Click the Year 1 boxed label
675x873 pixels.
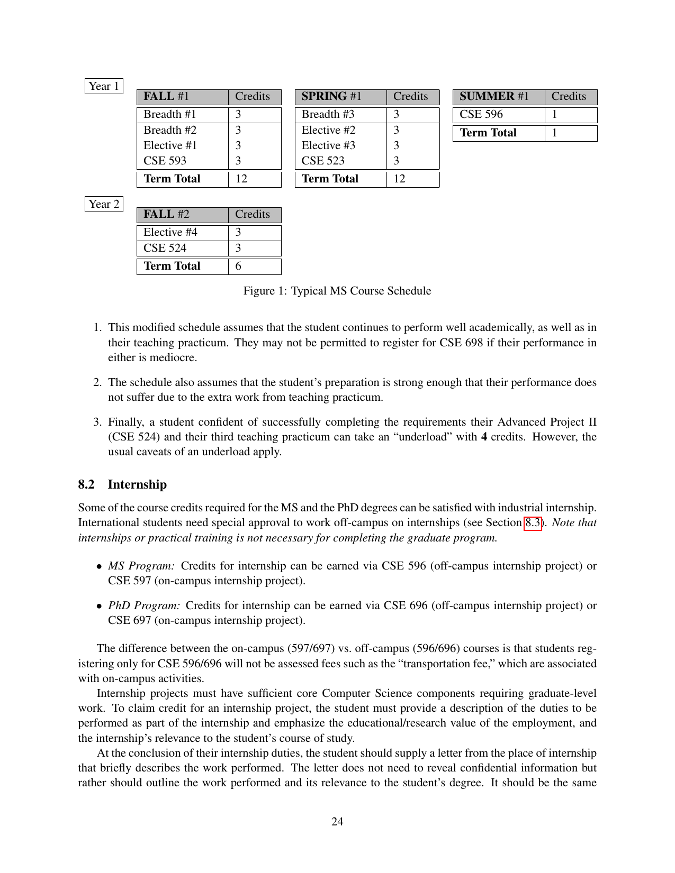click(104, 86)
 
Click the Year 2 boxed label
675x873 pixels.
click(104, 204)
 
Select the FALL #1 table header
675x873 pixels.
click(166, 97)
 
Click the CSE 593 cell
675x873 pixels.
click(165, 161)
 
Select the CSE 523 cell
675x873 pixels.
click(323, 161)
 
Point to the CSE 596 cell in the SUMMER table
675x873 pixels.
click(481, 115)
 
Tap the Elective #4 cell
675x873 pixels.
click(170, 233)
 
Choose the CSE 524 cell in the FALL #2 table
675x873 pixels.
click(165, 248)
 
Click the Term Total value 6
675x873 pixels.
click(238, 266)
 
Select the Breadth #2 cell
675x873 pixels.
click(170, 130)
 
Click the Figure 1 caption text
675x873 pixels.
click(337, 291)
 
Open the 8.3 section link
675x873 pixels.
click(533, 523)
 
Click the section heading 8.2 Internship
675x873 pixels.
click(122, 484)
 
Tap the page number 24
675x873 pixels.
click(337, 821)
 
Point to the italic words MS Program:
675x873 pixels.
click(141, 566)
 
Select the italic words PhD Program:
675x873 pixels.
click(144, 605)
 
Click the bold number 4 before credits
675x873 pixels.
click(484, 437)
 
